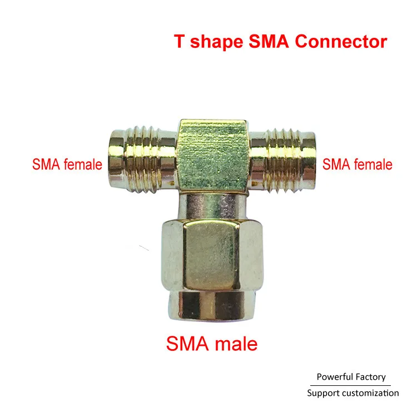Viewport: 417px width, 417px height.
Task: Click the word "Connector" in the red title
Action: click(x=344, y=42)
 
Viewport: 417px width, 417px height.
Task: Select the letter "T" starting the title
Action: click(x=179, y=42)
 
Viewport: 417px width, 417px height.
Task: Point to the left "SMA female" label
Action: click(x=67, y=165)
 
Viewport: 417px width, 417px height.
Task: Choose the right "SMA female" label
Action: click(x=358, y=165)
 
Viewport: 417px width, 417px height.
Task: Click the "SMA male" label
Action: click(x=212, y=344)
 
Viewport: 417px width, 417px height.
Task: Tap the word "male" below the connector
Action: click(x=235, y=344)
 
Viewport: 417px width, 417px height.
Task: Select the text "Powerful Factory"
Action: click(x=351, y=377)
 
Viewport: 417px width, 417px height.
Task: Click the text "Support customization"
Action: click(x=353, y=393)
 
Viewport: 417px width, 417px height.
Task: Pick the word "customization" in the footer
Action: click(x=371, y=393)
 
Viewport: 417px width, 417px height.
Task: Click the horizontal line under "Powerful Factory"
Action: click(x=351, y=385)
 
